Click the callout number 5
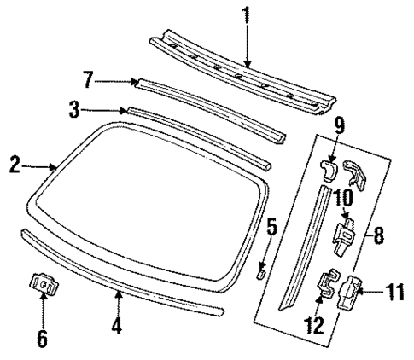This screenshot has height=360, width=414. pyautogui.click(x=272, y=228)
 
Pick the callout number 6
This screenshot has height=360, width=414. pyautogui.click(x=42, y=338)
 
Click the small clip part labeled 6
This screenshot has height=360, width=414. pyautogui.click(x=43, y=284)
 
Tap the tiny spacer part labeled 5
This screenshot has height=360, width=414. pyautogui.click(x=263, y=272)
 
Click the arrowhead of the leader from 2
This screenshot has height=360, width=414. pyautogui.click(x=56, y=168)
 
